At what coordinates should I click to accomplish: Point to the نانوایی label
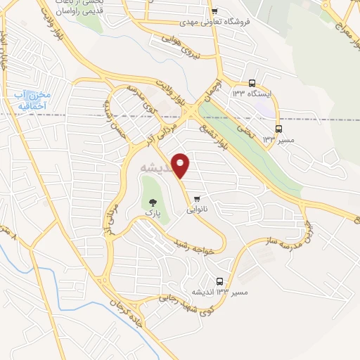[x=198, y=210]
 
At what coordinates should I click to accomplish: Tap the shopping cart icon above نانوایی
[x=198, y=198]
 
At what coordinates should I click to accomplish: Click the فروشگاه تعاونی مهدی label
[x=214, y=22]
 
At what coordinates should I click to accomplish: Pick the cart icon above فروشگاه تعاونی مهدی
[x=214, y=11]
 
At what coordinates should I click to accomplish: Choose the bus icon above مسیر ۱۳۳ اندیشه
[x=221, y=280]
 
